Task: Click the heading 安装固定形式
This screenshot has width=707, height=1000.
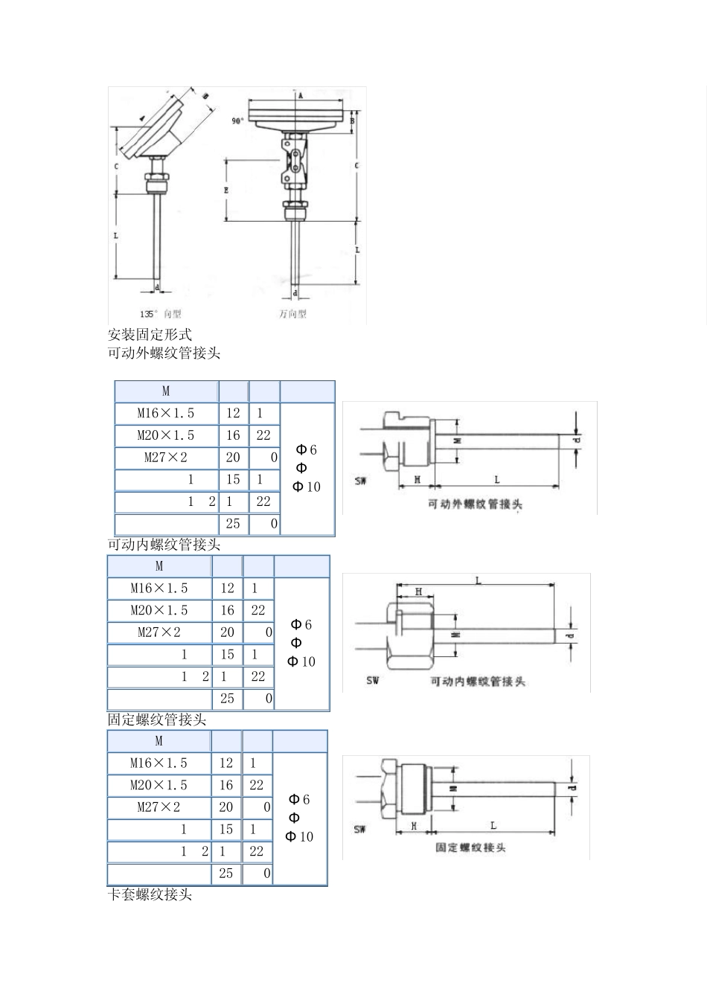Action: [150, 335]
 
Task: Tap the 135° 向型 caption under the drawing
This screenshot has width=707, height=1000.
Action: [161, 314]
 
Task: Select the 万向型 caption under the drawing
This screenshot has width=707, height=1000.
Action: [292, 314]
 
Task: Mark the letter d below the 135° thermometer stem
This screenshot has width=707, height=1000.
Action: [156, 287]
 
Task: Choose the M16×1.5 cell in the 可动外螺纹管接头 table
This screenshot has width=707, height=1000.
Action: [166, 413]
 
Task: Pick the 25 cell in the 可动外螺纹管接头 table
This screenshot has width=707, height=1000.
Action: [233, 524]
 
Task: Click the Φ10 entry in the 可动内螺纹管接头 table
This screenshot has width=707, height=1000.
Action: [301, 661]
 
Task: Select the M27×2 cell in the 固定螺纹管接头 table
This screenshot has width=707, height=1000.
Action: [159, 807]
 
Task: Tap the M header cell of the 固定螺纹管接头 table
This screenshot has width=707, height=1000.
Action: [159, 741]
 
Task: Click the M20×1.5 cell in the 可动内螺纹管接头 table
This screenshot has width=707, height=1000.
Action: [159, 610]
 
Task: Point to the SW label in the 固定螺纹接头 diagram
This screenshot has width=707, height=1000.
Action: [360, 829]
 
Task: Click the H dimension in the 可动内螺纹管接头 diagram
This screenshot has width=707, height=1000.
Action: [419, 592]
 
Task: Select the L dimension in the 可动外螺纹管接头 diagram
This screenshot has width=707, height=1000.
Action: [496, 480]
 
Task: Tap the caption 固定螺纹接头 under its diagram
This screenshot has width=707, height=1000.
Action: [470, 847]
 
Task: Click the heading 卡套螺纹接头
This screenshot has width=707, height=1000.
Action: [150, 895]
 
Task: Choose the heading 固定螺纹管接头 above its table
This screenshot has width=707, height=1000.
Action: [157, 720]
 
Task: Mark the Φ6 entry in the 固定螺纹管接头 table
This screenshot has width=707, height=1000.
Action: [299, 799]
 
